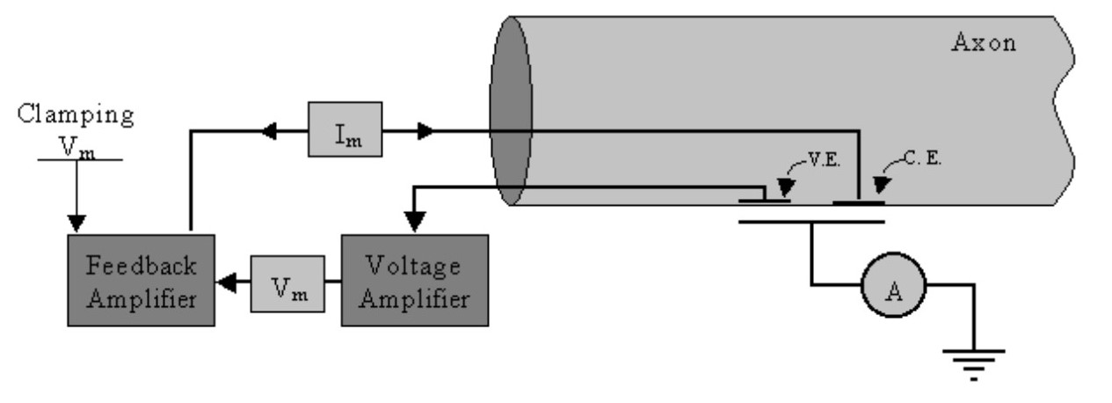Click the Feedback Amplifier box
[x=140, y=280]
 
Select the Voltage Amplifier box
[x=414, y=280]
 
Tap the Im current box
[x=345, y=129]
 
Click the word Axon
[x=985, y=42]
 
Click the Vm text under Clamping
[x=78, y=147]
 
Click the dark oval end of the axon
[x=510, y=110]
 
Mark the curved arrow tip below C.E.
[x=877, y=186]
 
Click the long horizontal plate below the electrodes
[x=810, y=220]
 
